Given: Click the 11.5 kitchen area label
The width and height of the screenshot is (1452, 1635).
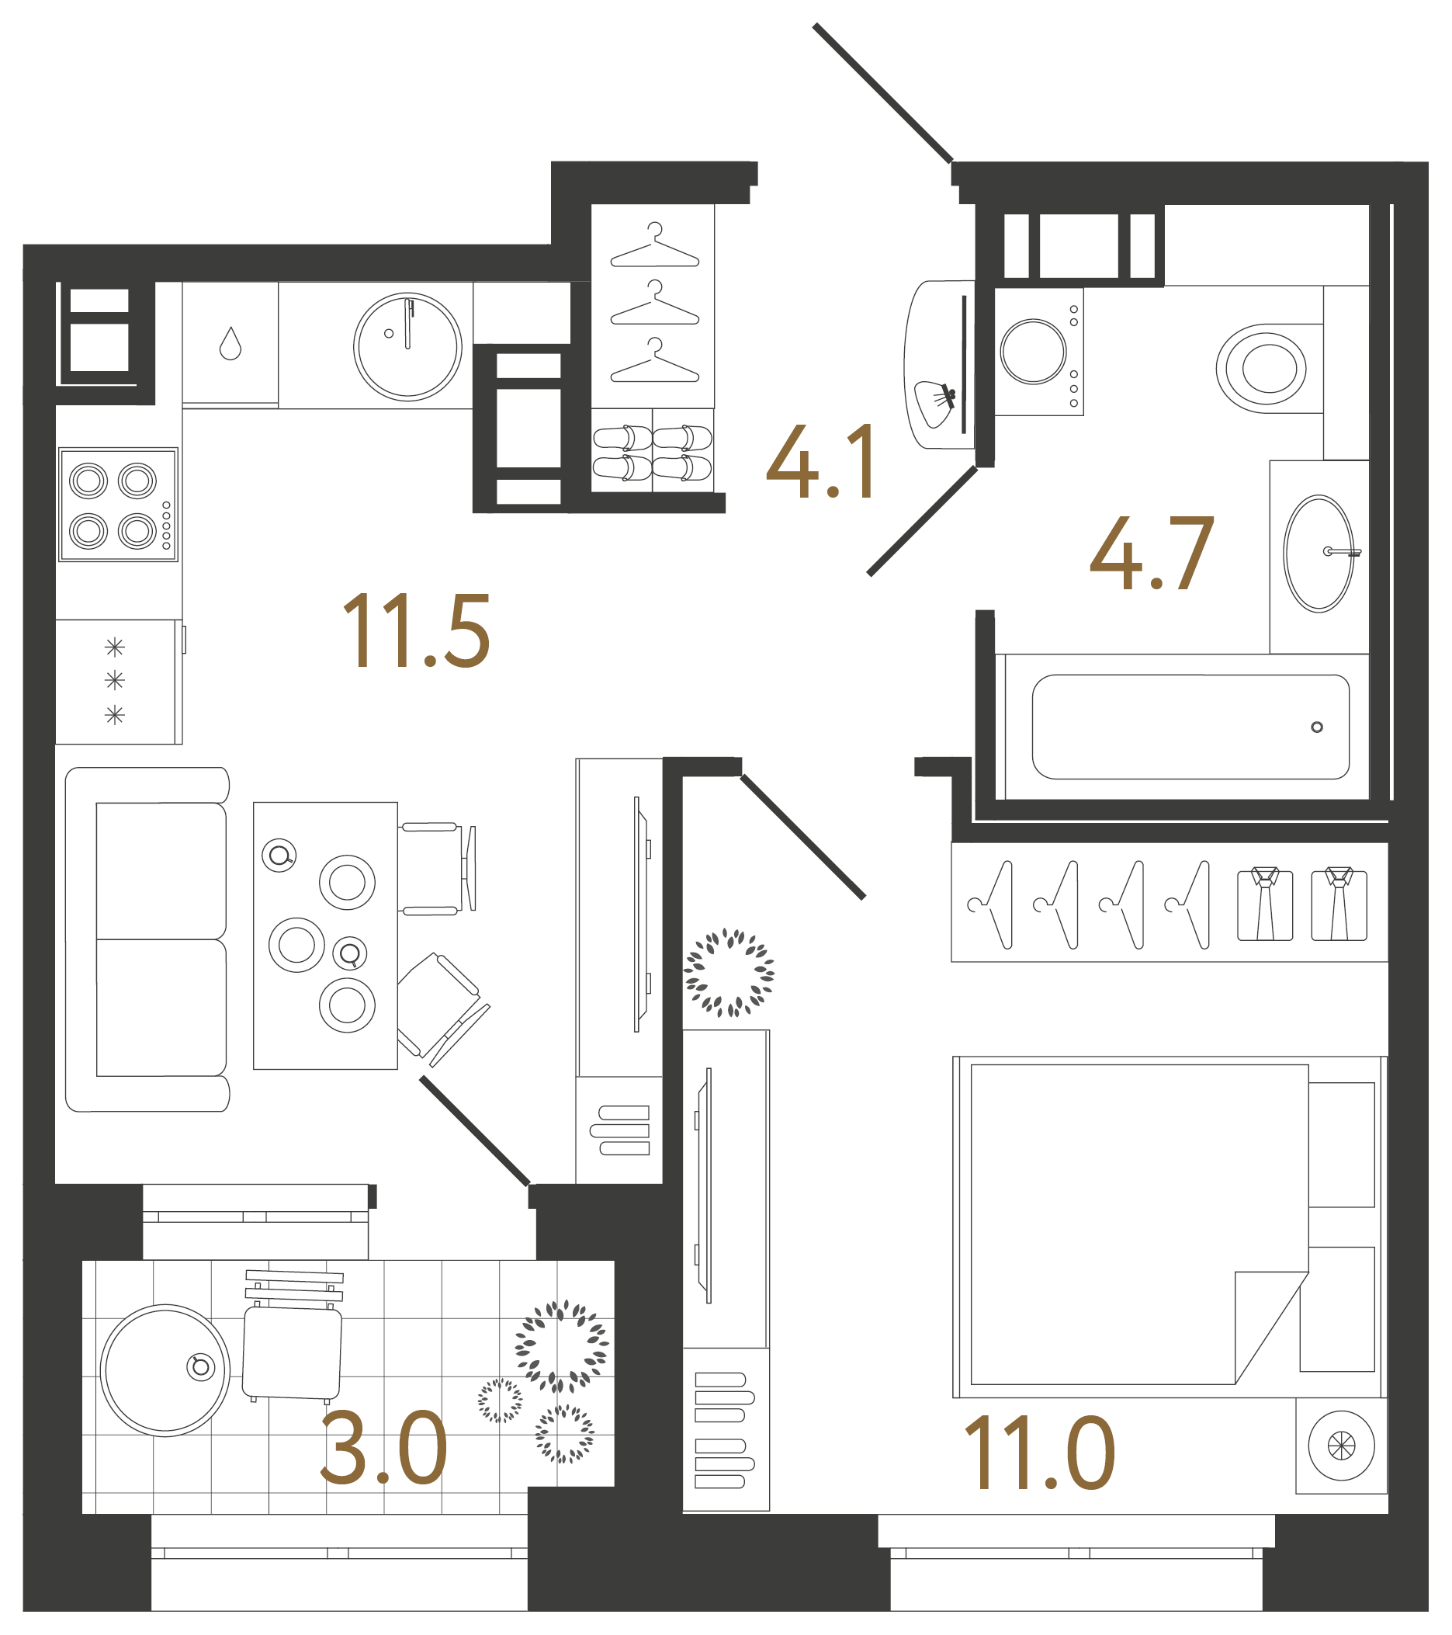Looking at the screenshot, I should tap(416, 631).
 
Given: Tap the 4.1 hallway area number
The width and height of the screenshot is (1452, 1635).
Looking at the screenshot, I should tap(820, 463).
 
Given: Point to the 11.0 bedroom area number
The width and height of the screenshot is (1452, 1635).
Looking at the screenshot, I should tap(1039, 1453).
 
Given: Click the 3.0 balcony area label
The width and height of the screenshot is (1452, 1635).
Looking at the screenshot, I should tap(384, 1449).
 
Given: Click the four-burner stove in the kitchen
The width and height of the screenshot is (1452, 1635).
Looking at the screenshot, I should tap(118, 505).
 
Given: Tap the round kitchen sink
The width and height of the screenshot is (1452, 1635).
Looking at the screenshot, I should tap(407, 346).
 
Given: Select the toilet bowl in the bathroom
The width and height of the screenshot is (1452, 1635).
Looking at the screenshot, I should tap(1263, 369).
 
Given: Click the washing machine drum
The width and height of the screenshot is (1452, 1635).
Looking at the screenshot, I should tap(1033, 352).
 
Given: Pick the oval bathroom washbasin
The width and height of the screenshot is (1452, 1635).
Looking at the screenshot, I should tap(1319, 554).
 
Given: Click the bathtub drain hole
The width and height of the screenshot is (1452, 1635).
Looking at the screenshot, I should tap(1317, 727).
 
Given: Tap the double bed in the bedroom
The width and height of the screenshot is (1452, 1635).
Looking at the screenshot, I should tap(1139, 1224).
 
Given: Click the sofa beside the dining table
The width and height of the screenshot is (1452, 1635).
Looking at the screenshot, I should tap(148, 939).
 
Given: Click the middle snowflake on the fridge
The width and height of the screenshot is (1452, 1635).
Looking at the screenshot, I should tap(115, 681).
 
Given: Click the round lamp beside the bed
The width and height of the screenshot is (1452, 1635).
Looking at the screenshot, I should tap(1341, 1446).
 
